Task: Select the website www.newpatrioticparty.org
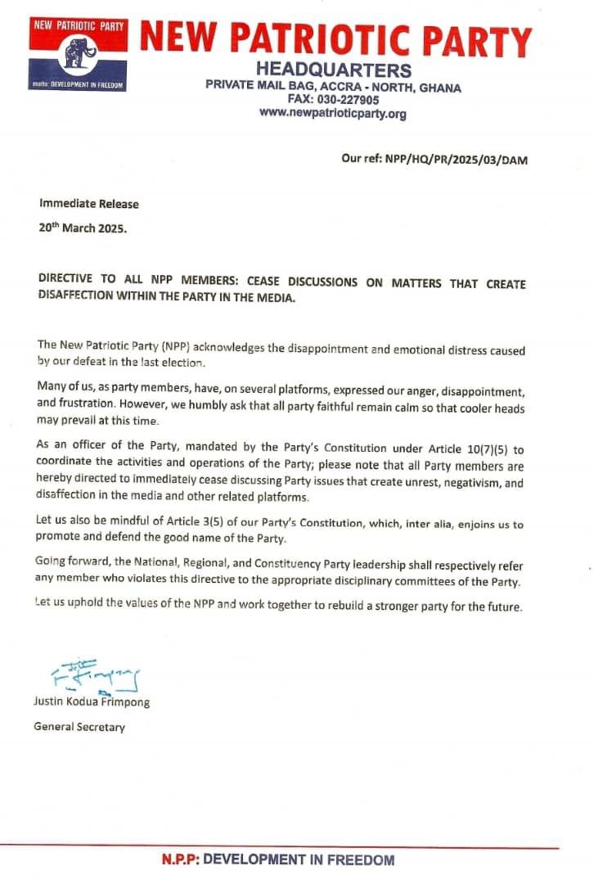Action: (332, 114)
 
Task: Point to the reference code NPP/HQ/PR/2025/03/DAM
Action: (457, 160)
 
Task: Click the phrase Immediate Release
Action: (89, 204)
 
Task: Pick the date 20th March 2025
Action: (83, 228)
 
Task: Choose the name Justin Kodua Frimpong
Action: (92, 701)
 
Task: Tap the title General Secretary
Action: (79, 726)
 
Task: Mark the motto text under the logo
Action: (79, 85)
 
